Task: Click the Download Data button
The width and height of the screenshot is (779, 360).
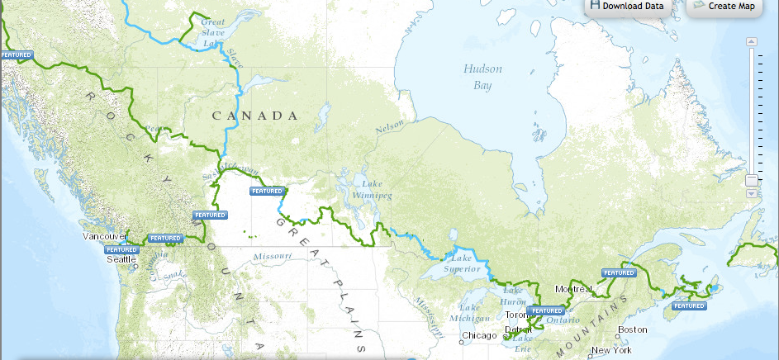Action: click(x=626, y=7)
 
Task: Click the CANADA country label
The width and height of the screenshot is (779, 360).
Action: click(x=254, y=116)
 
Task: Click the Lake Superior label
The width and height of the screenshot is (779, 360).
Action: click(x=461, y=263)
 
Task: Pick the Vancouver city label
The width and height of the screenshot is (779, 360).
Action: click(x=105, y=236)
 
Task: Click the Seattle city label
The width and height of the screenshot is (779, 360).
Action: click(x=121, y=258)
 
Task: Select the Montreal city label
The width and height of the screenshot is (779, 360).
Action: click(x=574, y=289)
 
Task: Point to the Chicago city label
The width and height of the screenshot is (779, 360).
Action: click(x=480, y=335)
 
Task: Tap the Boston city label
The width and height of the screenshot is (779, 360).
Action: click(x=632, y=329)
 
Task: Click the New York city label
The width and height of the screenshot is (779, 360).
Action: click(x=611, y=350)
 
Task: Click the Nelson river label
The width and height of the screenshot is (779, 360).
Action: click(x=391, y=130)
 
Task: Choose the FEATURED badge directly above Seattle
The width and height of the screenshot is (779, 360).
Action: click(x=121, y=249)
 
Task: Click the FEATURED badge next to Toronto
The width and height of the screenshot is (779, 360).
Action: click(x=546, y=310)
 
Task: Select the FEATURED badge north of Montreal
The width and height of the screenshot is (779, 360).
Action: click(x=618, y=272)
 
